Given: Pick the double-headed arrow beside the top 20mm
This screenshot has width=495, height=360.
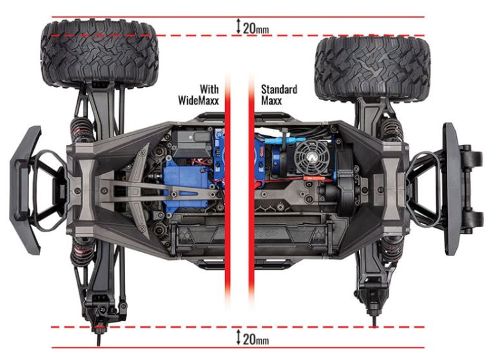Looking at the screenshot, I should point(238,26).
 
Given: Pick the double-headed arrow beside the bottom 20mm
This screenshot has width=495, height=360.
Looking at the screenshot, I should point(238,337).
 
